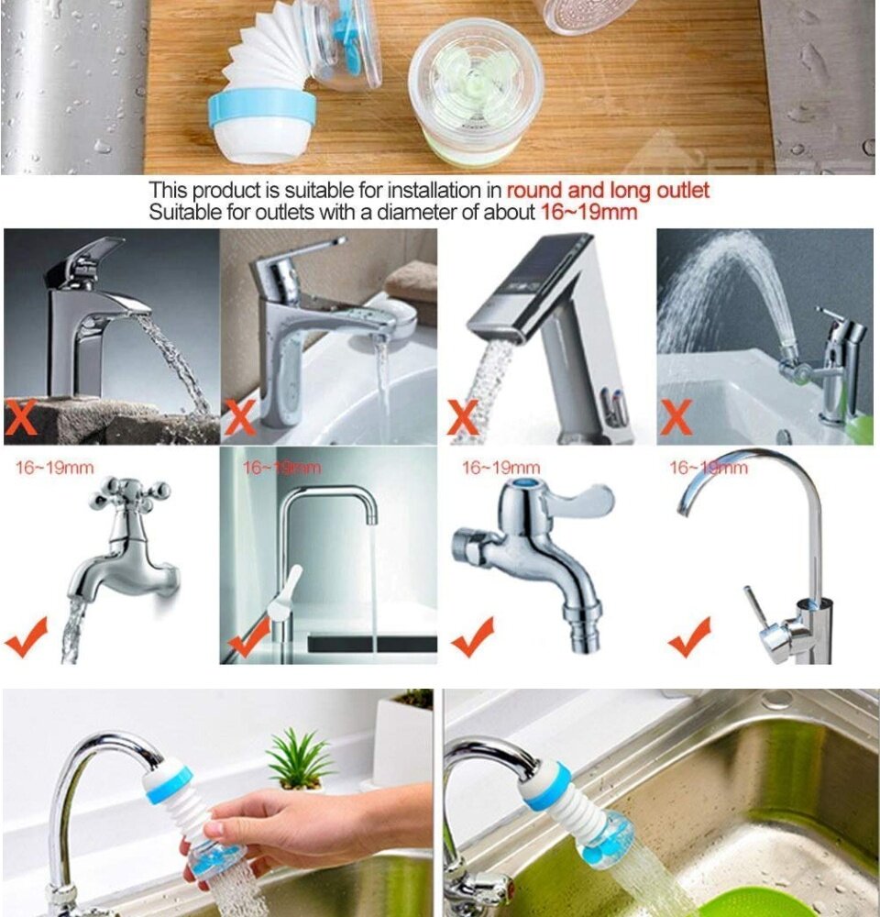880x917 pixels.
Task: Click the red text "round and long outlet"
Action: coord(608,191)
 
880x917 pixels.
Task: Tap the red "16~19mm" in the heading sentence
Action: coord(588,212)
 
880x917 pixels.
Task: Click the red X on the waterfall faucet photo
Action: coord(21,417)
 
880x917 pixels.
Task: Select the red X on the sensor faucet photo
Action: coord(463,417)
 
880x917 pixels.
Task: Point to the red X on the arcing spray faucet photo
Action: coord(676,417)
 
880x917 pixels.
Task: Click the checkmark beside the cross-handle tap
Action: coord(26,638)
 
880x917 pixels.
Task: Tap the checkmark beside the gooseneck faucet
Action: coord(690,637)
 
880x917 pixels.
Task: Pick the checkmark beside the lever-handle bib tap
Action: coord(473,637)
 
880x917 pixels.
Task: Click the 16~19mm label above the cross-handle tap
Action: coord(54,468)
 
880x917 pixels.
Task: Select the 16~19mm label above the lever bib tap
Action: coord(501,468)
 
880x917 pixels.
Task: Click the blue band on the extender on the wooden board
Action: coord(262,107)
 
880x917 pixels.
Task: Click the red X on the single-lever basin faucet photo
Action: coord(241,417)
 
